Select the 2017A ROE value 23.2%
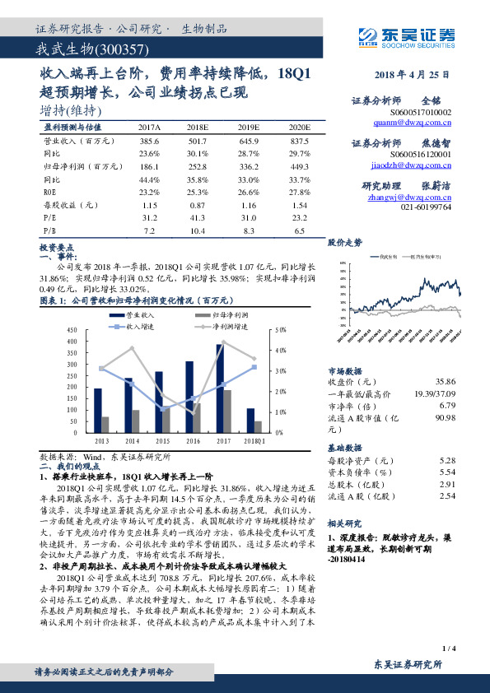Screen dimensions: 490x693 [149, 191]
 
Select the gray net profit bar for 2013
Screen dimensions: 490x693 [105, 424]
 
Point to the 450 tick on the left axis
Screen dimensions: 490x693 [72, 329]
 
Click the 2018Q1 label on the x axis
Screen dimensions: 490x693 [254, 440]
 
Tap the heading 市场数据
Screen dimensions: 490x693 [345, 371]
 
